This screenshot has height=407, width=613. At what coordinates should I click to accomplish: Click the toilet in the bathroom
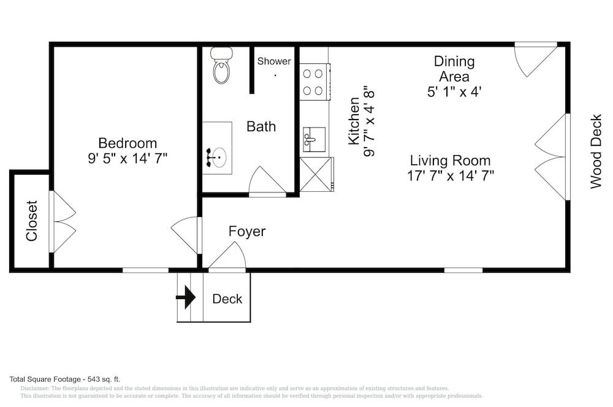222,65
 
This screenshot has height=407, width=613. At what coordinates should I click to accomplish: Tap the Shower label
274,61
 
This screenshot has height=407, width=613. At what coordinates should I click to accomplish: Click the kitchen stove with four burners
314,82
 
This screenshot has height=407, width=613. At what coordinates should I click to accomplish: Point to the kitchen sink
314,140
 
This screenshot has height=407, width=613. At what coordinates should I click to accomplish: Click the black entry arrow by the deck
186,297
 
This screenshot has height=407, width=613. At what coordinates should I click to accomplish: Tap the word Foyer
247,231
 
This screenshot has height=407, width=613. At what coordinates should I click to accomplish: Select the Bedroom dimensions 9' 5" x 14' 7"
128,158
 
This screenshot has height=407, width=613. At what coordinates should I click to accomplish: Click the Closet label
32,221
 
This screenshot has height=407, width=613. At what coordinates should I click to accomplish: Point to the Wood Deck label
595,151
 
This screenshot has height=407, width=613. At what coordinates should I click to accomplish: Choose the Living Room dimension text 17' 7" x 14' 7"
451,176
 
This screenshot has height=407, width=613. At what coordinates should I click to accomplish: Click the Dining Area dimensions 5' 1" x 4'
454,92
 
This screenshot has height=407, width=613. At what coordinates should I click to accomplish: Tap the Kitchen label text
354,121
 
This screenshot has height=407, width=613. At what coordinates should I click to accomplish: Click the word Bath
261,127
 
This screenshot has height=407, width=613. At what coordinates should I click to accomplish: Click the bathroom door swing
267,181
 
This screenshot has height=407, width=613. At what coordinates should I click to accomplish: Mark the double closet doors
63,221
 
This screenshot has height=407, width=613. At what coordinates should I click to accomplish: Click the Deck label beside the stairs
227,299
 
